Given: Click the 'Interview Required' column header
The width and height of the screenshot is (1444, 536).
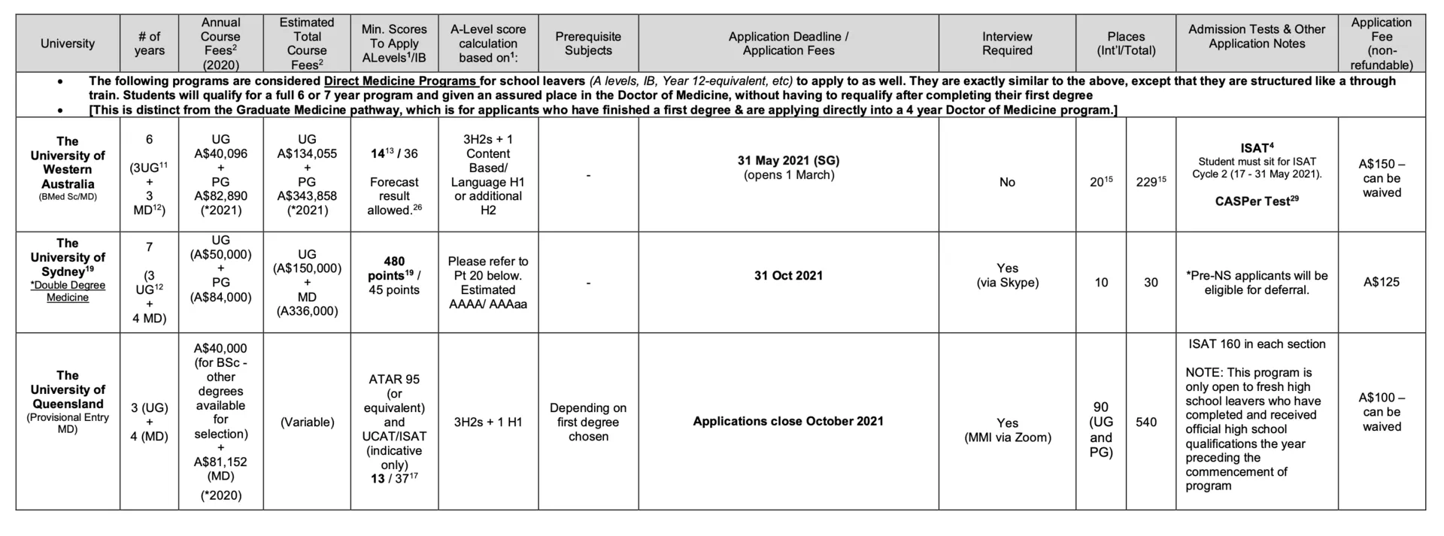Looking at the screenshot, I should click(1007, 44).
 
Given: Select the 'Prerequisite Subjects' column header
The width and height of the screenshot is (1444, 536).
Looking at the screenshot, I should click(588, 44).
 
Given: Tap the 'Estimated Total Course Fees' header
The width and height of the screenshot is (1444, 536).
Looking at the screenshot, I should click(307, 44).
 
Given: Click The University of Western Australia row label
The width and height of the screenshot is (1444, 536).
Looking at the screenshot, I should click(68, 162).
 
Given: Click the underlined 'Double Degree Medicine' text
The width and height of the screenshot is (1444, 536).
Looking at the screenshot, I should click(68, 292).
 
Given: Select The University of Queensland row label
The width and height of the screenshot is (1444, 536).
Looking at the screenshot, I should click(68, 389).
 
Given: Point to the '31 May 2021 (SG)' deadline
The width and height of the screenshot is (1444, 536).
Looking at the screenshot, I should click(788, 160).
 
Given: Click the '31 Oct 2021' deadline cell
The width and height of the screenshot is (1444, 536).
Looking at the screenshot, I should click(788, 276).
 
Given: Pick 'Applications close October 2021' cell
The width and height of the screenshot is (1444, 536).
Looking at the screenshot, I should click(788, 421).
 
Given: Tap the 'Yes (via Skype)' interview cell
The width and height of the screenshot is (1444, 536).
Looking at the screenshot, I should click(1007, 275).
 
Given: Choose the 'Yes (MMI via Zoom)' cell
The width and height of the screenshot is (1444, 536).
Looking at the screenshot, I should click(1007, 430).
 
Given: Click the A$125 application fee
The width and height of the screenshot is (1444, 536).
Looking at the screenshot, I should click(1382, 282).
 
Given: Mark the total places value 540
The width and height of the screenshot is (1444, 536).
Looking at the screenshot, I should click(1146, 422).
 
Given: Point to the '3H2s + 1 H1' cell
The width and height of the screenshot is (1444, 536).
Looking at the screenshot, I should click(488, 422).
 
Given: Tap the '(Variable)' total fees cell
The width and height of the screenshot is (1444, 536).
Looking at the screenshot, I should click(307, 422).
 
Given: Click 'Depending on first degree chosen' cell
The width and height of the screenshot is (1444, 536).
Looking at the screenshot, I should click(588, 422).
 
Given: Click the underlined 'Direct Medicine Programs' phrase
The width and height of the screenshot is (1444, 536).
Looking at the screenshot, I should click(400, 81).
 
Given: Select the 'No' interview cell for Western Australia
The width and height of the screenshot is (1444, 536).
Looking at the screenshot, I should click(1007, 182).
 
